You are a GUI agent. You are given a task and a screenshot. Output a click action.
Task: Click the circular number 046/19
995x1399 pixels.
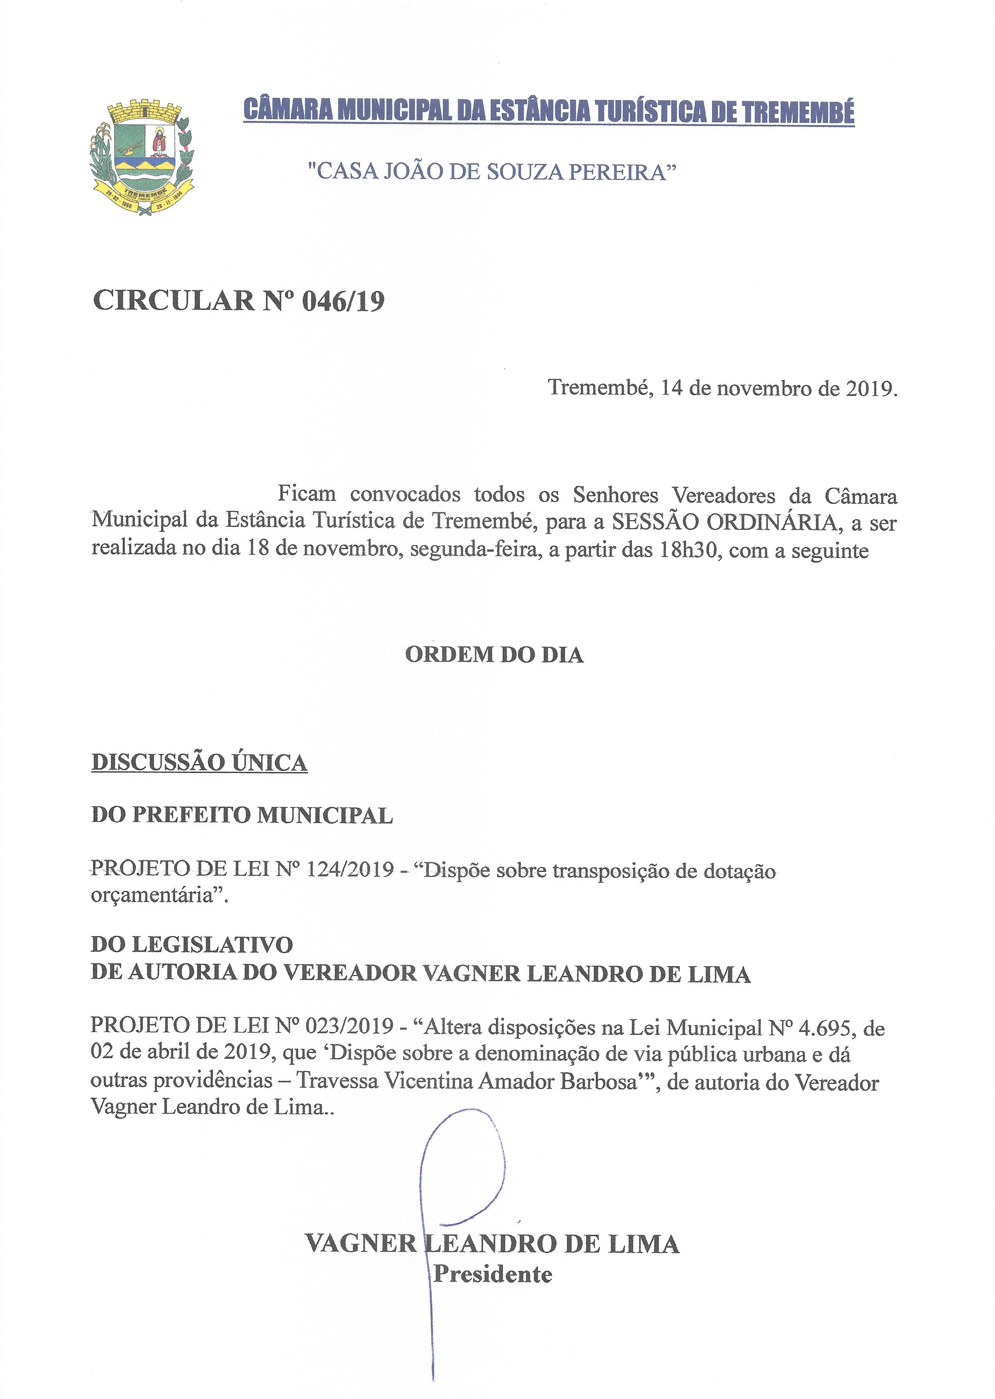click(x=343, y=301)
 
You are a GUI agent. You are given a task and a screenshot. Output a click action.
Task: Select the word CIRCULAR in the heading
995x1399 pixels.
click(x=173, y=301)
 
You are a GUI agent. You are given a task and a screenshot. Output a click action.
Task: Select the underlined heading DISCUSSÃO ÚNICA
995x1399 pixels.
click(x=199, y=762)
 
